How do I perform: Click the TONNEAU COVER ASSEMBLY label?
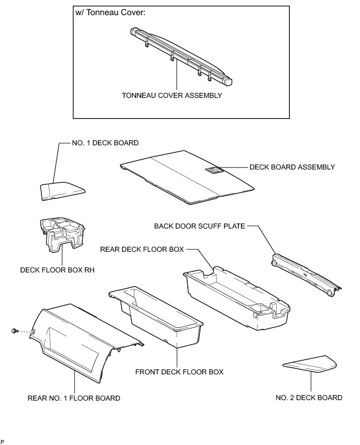click(x=172, y=95)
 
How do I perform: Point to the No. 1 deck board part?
click(x=62, y=191)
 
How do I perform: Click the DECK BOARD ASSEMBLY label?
click(x=292, y=167)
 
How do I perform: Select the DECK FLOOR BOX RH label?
click(x=58, y=270)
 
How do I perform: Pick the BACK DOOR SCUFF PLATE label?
click(x=199, y=227)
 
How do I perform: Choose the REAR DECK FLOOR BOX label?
click(x=142, y=249)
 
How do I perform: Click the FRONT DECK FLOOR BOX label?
click(x=179, y=372)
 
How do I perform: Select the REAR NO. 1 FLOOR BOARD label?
click(x=74, y=398)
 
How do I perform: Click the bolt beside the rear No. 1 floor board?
click(x=14, y=331)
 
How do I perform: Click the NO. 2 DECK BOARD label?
click(x=309, y=398)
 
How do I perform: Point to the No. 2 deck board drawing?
click(x=310, y=364)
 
